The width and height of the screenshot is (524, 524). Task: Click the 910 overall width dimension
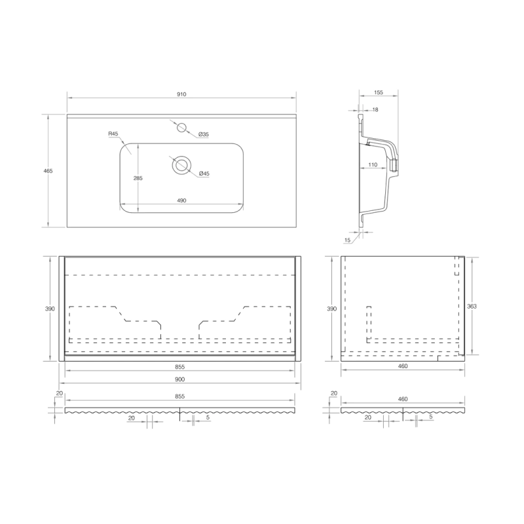click(x=181, y=94)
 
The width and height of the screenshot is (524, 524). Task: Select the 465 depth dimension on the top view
click(x=48, y=171)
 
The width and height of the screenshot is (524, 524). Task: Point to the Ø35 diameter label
click(x=204, y=134)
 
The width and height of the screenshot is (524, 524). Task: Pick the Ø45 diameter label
click(x=204, y=174)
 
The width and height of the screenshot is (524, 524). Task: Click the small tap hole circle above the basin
click(x=183, y=126)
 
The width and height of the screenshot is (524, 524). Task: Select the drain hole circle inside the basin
click(x=181, y=165)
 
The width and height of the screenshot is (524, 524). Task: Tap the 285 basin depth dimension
click(x=138, y=178)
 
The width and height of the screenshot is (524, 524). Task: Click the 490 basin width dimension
click(x=181, y=200)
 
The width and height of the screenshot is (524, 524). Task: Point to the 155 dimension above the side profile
click(x=379, y=92)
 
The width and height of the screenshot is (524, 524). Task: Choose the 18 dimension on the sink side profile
click(x=375, y=110)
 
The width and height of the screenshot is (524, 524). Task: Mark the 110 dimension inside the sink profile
click(x=372, y=164)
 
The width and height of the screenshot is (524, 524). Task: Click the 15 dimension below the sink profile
click(x=347, y=240)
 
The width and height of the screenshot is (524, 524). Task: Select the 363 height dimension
click(x=472, y=306)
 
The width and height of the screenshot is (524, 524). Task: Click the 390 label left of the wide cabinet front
click(x=50, y=309)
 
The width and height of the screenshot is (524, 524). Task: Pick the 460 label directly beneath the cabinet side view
click(x=403, y=366)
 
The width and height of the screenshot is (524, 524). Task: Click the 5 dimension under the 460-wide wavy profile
click(x=430, y=417)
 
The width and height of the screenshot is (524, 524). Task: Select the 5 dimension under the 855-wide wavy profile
click(x=207, y=417)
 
